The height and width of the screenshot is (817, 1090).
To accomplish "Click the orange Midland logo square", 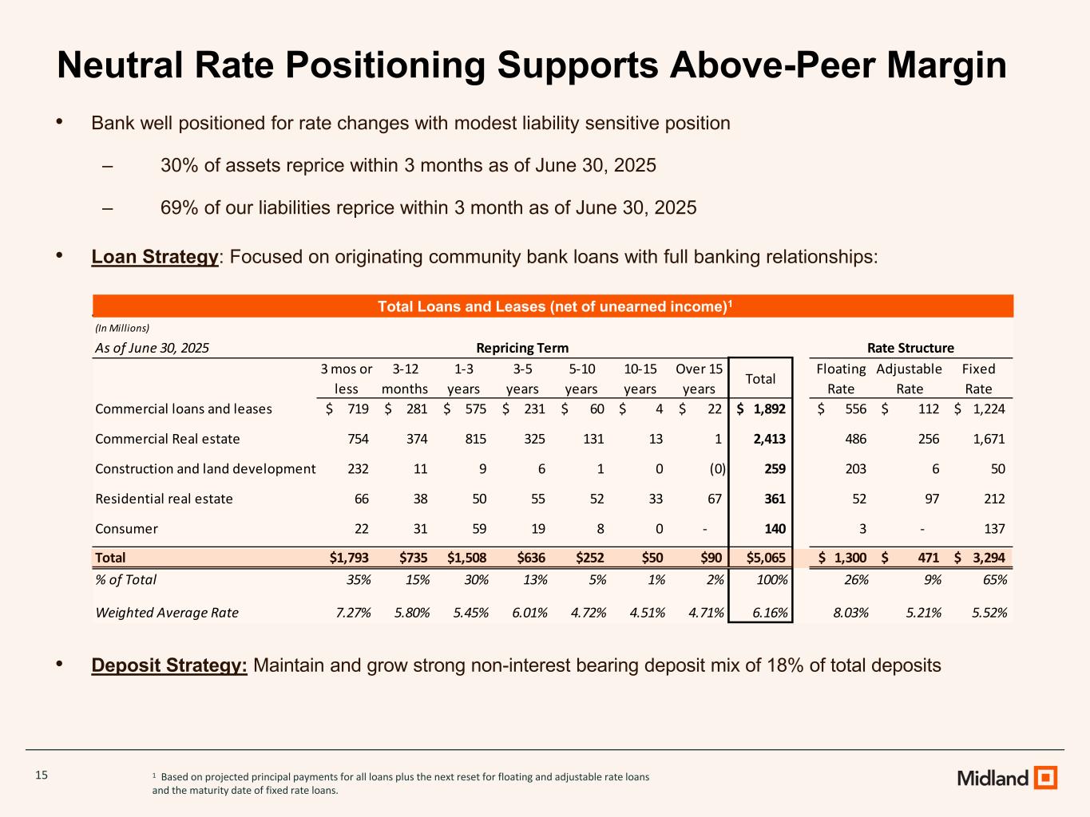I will tap(1045, 777).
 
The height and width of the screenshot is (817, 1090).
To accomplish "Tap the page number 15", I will tap(42, 775).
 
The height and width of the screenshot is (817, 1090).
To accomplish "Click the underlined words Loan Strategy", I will tap(155, 257).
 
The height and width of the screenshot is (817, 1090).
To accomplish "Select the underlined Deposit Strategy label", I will tap(169, 665).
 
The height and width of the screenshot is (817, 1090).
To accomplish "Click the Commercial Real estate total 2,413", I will tap(770, 439).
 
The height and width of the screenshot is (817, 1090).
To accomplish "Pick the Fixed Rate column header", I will tap(978, 378).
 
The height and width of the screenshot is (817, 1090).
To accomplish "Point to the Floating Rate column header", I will tap(841, 378).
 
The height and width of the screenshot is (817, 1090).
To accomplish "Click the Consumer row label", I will tap(126, 529).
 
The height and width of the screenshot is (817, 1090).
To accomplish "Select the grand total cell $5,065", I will tap(765, 558).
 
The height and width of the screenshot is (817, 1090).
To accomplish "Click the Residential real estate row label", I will tap(164, 499).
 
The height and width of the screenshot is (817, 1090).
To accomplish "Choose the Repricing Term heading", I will tap(522, 348).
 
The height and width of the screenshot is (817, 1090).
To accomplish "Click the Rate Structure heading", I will tap(910, 348).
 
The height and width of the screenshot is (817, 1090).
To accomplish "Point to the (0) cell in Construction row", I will tap(717, 469).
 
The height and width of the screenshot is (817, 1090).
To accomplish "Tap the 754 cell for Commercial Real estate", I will tap(357, 439).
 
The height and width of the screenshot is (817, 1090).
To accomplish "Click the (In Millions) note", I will tap(122, 328).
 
